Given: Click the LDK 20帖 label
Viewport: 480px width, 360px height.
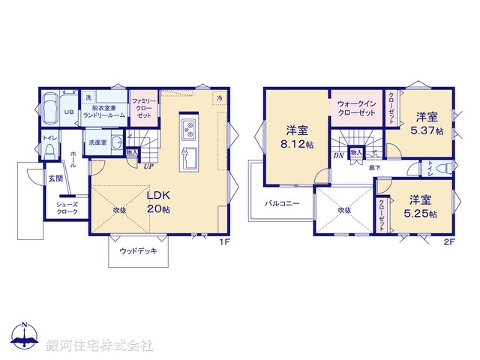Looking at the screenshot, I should point(157,200).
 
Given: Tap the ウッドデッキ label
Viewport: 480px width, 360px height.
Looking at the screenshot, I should point(138,251).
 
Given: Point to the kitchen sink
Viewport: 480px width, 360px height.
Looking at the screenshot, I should point(187,158).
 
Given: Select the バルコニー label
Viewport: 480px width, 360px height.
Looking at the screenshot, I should point(282,203).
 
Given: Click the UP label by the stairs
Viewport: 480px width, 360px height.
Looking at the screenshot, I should point(148,166).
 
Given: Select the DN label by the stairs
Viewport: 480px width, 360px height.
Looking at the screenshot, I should point(338,154).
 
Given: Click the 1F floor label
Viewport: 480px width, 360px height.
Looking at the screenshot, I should point(223,241).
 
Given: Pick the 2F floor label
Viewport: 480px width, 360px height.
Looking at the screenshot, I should point(449,241).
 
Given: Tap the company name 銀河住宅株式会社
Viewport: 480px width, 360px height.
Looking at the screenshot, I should point(99,346).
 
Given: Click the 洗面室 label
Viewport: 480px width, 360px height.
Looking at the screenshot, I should point(97,142).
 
